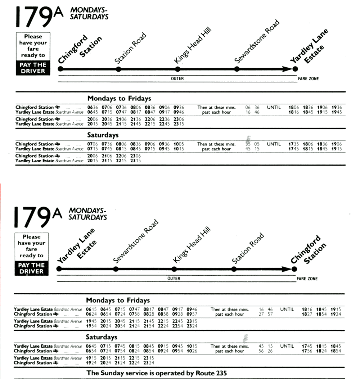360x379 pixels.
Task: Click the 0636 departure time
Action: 93,107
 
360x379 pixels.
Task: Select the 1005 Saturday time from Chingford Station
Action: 179,144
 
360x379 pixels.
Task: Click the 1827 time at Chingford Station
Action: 307,314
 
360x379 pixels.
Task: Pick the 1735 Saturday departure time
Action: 294,144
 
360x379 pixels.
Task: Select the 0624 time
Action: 91,314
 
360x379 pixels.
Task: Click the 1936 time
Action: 337,107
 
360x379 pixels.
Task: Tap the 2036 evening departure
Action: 107,119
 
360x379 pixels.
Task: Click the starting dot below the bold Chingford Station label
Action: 60,69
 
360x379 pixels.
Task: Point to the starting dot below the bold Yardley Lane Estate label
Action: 59,269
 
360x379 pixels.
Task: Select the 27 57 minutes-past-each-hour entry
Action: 266,314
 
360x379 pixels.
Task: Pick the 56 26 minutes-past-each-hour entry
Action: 266,351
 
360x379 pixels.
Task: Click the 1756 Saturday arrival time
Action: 307,351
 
